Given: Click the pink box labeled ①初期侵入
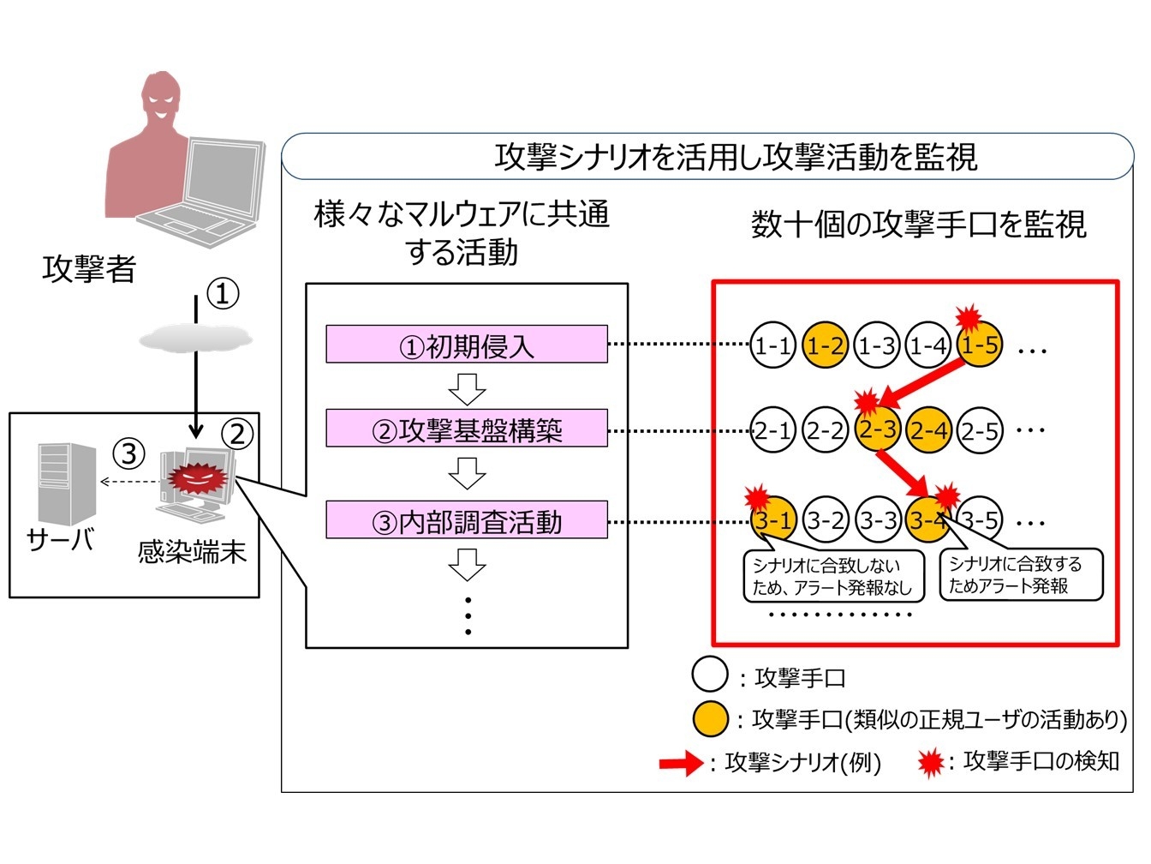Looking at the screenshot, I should (x=467, y=345).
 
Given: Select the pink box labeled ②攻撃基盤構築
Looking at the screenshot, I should (x=467, y=429).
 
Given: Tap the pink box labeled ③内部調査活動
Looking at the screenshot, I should (x=467, y=520).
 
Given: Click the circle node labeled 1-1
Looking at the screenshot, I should (x=772, y=345).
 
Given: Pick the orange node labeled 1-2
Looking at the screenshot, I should (x=826, y=345).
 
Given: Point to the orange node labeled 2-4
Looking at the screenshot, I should (x=929, y=429).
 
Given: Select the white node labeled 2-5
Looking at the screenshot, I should (x=980, y=430).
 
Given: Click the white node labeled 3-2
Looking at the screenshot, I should (x=826, y=520).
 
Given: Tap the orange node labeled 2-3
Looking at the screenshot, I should (x=877, y=429).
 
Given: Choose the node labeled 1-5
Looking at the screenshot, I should (x=980, y=345).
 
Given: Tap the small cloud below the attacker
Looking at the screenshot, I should (x=196, y=339).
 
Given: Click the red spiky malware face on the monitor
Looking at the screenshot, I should (x=198, y=478).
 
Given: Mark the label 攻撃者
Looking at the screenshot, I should (x=89, y=269).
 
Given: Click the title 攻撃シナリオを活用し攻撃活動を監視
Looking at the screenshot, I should (x=735, y=157).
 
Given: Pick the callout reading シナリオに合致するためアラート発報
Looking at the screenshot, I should (x=1020, y=575).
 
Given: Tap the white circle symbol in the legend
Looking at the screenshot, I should (x=710, y=675).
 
